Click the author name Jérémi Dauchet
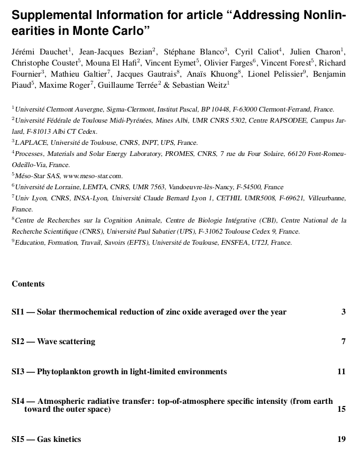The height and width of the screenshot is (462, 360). point(39,52)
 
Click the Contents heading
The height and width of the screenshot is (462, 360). point(28,284)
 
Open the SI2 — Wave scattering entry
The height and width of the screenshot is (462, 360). point(53,341)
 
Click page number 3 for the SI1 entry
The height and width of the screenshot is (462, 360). point(344,312)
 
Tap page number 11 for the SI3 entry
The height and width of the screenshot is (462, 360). point(341,372)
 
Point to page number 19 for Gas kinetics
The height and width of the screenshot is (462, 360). point(341,439)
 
